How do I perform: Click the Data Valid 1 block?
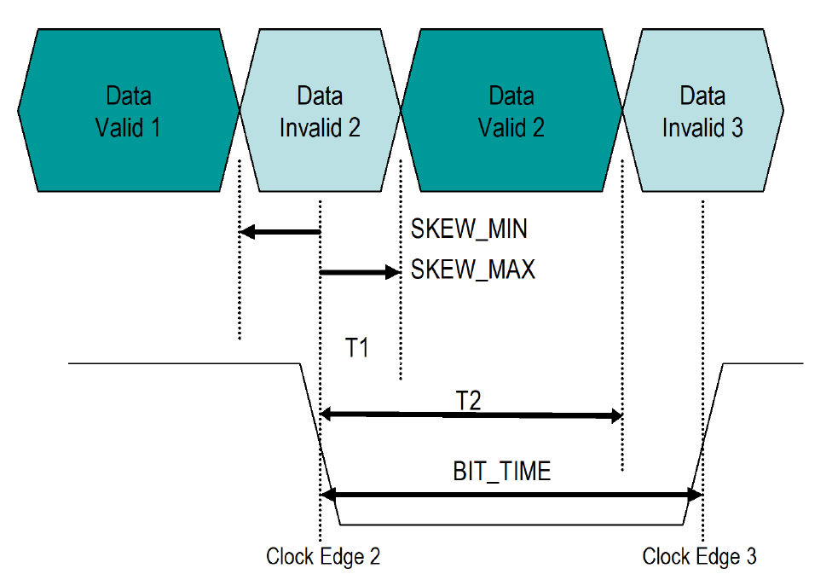pyautogui.click(x=128, y=111)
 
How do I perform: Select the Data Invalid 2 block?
pyautogui.click(x=320, y=111)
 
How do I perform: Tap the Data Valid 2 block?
pyautogui.click(x=511, y=111)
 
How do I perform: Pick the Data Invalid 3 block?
pyautogui.click(x=703, y=111)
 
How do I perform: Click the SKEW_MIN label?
pyautogui.click(x=468, y=229)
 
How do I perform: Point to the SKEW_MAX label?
pyautogui.click(x=472, y=270)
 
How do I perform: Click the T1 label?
pyautogui.click(x=358, y=349)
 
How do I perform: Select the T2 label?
pyautogui.click(x=468, y=399)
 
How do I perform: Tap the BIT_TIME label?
pyautogui.click(x=501, y=471)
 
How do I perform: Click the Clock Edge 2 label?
pyautogui.click(x=323, y=557)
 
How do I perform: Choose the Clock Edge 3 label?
pyautogui.click(x=699, y=557)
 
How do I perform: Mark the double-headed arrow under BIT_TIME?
pyautogui.click(x=511, y=494)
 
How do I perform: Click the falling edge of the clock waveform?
pyautogui.click(x=320, y=444)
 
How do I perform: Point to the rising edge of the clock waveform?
pyautogui.click(x=703, y=444)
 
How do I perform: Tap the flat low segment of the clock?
pyautogui.click(x=511, y=524)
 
